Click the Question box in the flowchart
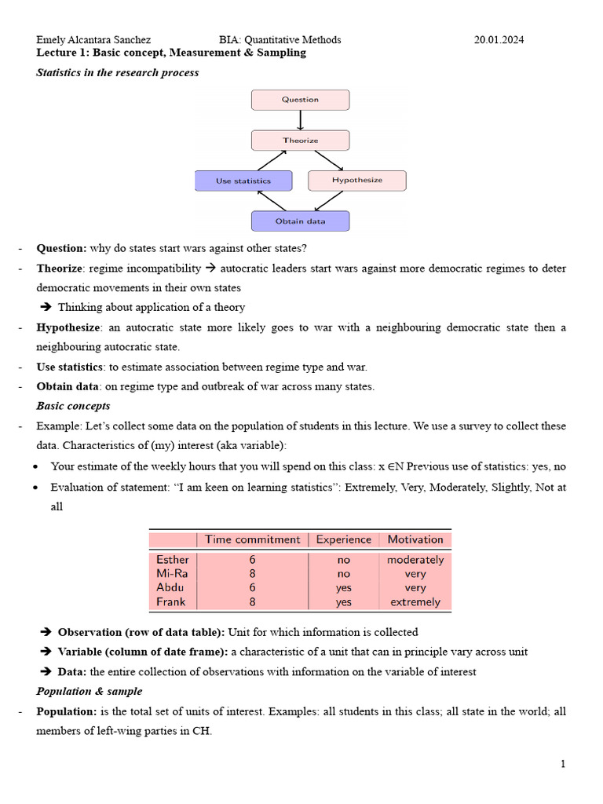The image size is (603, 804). click(300, 100)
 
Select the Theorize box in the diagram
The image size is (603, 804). click(300, 141)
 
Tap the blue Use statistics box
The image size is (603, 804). click(243, 181)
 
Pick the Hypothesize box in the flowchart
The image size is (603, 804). click(357, 181)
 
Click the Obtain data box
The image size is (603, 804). click(300, 221)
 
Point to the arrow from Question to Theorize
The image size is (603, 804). click(300, 120)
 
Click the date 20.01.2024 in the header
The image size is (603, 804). click(500, 39)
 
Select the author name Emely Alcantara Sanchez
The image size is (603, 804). click(93, 39)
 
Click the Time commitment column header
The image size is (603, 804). click(252, 539)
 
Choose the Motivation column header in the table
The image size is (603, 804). click(415, 539)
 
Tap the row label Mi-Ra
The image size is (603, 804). click(172, 574)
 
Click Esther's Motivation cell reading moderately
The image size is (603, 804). click(415, 560)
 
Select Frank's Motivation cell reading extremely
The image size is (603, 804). click(415, 602)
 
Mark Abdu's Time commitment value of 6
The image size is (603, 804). click(252, 588)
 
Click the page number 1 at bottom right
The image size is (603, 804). click(563, 764)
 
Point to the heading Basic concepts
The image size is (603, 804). click(73, 406)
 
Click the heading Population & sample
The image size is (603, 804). click(90, 692)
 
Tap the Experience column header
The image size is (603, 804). click(343, 539)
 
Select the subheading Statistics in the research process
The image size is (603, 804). click(118, 72)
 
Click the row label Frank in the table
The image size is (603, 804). click(171, 602)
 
